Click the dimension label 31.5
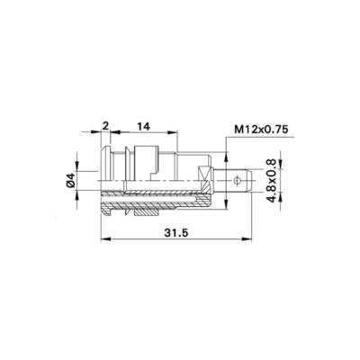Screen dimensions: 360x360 (x=176, y=232)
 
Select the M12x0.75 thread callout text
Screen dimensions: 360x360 (x=261, y=130)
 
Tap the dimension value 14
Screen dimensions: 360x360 (x=143, y=127)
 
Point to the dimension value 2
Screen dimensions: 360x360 (x=105, y=126)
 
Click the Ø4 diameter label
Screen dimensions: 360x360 (x=71, y=180)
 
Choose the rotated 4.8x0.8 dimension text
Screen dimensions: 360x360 (x=271, y=181)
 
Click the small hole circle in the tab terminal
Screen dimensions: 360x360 (x=237, y=181)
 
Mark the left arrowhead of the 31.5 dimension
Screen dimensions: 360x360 (x=105, y=239)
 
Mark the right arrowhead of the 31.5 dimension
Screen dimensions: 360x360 (x=247, y=239)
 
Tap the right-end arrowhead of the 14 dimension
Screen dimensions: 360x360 (x=173, y=131)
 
